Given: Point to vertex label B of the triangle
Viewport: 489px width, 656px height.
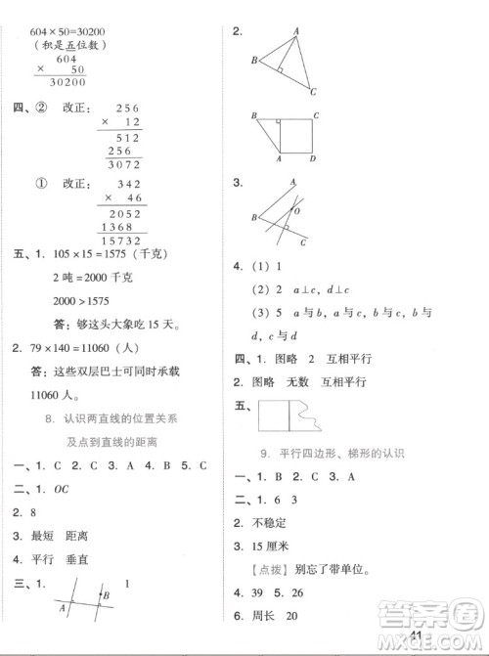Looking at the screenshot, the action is pos(254,61).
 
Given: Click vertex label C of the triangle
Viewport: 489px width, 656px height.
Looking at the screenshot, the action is pos(313,93).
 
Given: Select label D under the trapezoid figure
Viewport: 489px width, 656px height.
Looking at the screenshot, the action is pos(312,158).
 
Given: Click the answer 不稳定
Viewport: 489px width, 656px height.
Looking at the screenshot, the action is pos(275,521).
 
